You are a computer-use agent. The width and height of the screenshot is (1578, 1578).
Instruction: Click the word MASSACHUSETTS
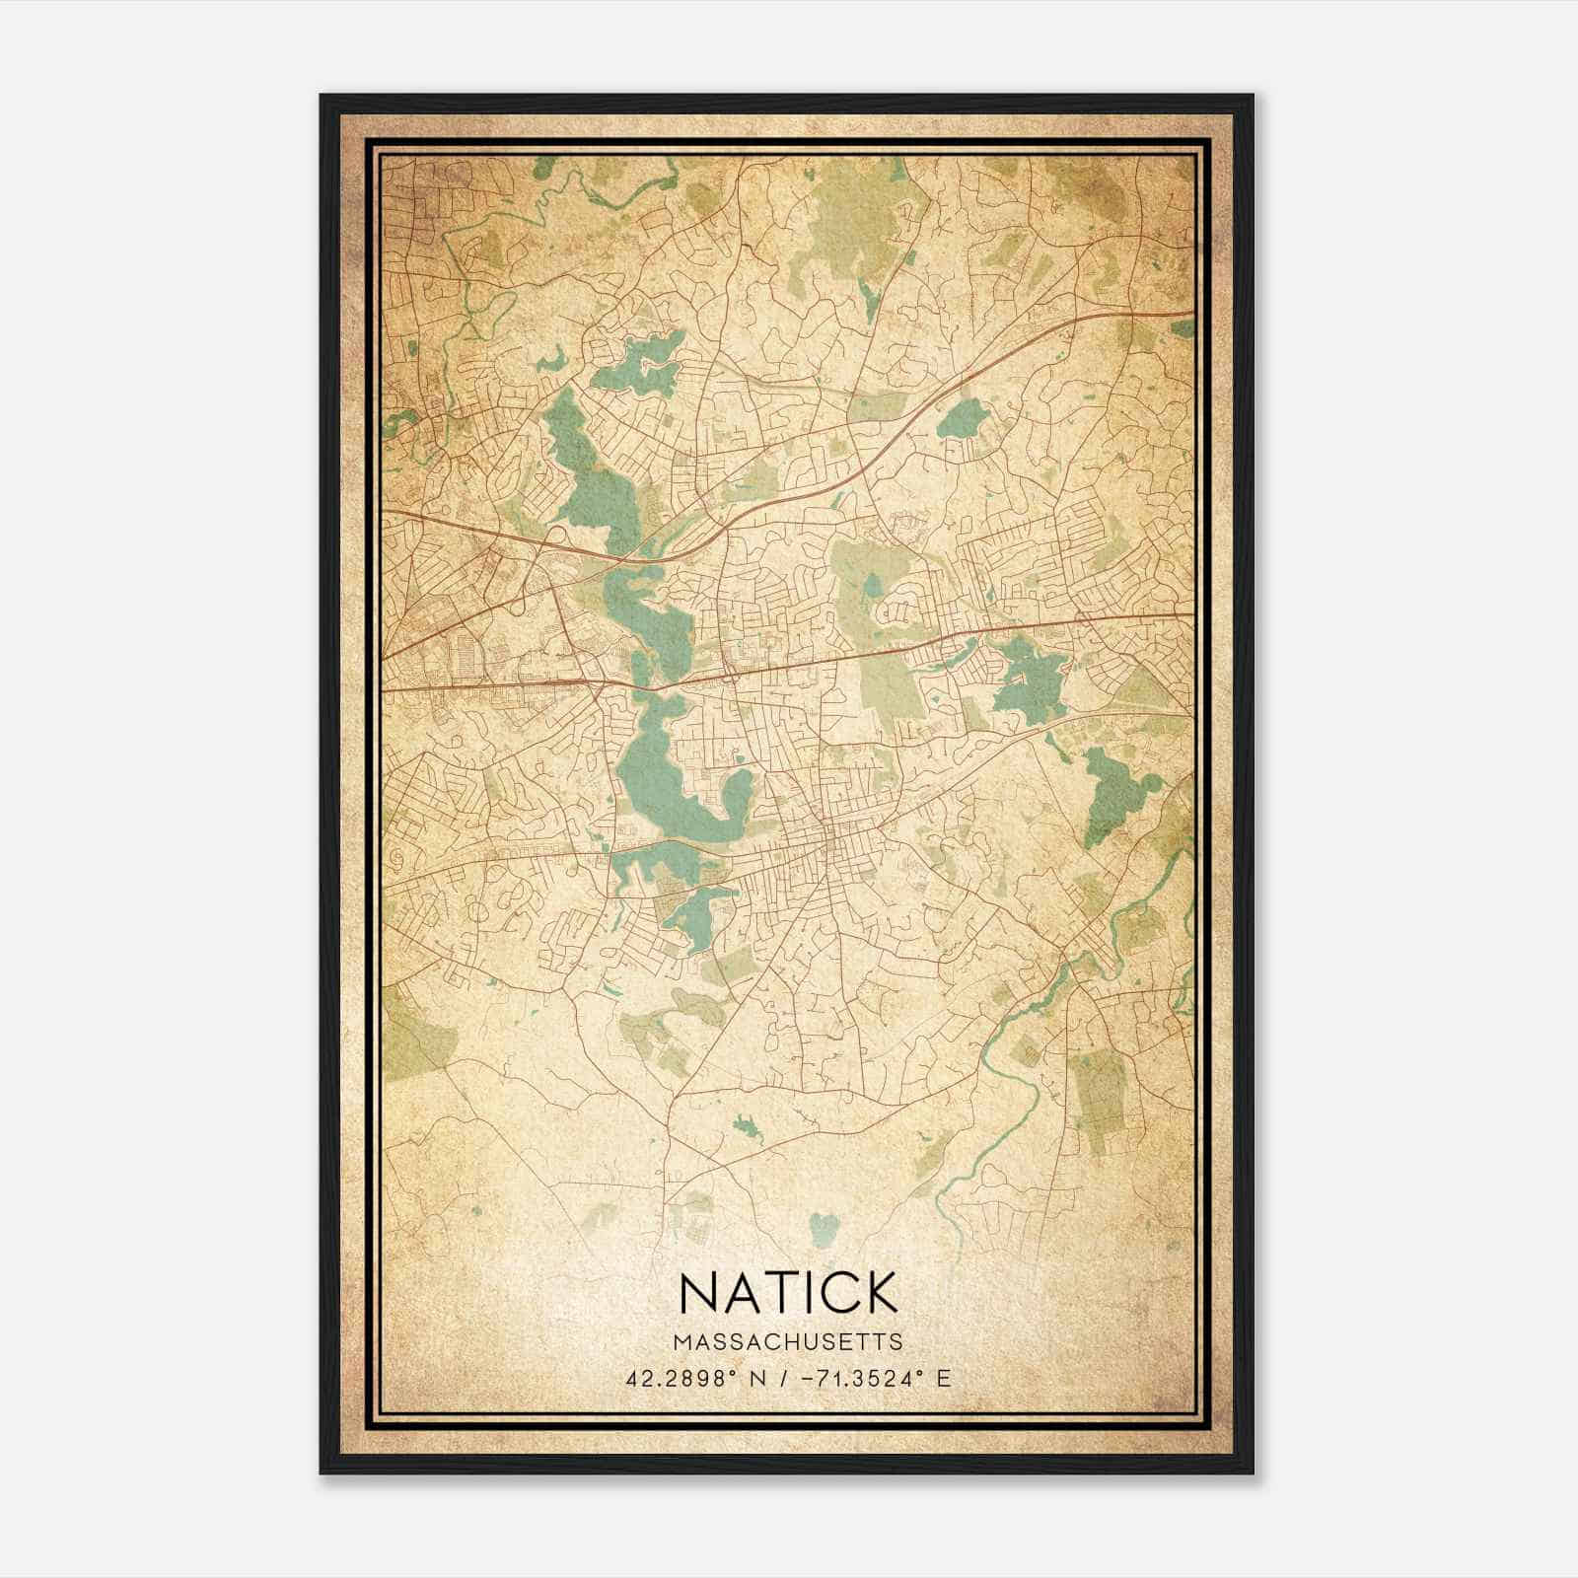coord(788,1341)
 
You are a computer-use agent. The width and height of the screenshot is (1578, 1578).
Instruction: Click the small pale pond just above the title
coord(824,1227)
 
